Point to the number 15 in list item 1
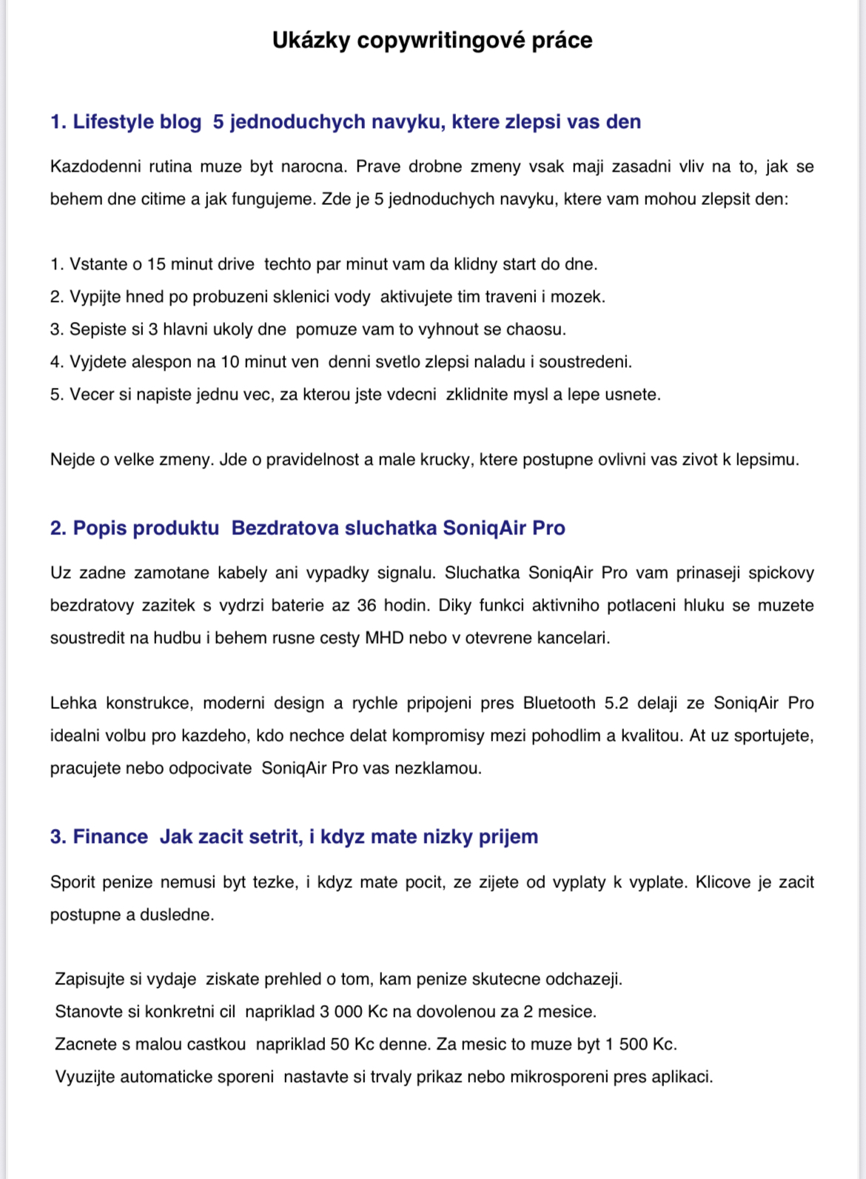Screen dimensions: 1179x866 [x=157, y=264]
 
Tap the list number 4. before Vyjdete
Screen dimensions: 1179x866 [x=57, y=362]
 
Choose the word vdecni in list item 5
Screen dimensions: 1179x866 [x=411, y=394]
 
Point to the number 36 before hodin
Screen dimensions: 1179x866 [x=366, y=605]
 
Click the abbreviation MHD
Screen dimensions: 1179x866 [x=384, y=638]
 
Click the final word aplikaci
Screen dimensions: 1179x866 [x=682, y=1077]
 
